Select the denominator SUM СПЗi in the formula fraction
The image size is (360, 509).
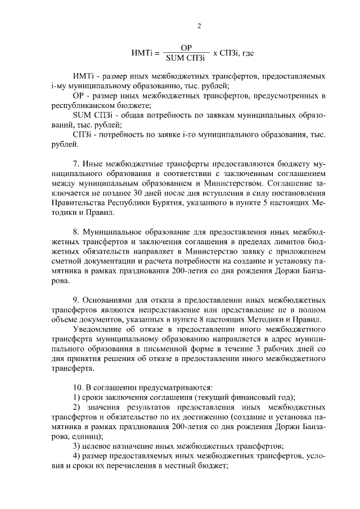(184, 58)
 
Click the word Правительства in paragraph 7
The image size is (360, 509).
(76, 204)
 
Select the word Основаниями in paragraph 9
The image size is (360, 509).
(107, 300)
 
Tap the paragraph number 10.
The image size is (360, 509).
(78, 388)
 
